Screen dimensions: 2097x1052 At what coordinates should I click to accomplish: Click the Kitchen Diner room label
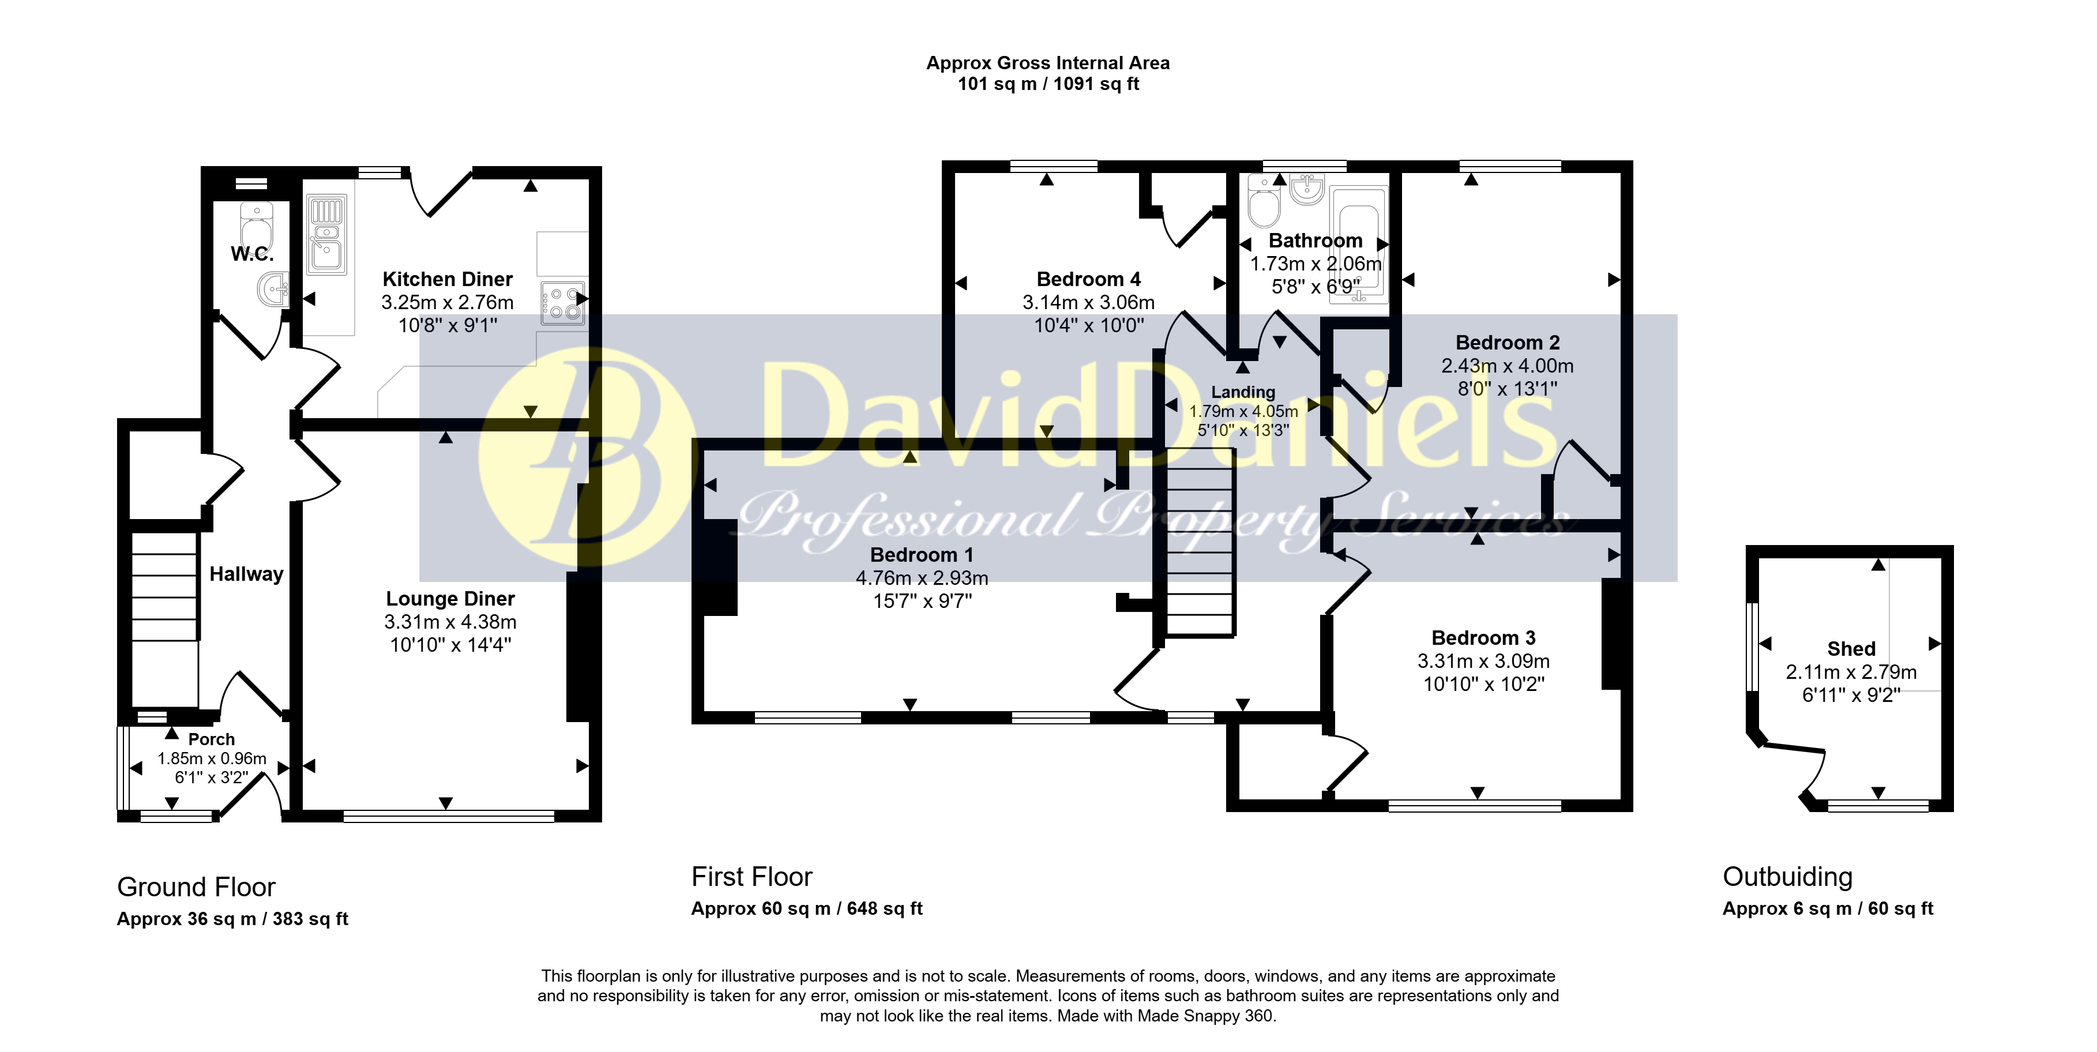click(448, 279)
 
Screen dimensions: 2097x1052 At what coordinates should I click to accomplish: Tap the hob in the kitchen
click(562, 303)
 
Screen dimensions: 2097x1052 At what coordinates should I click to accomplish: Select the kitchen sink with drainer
click(326, 235)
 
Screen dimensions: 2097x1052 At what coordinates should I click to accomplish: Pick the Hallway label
click(247, 574)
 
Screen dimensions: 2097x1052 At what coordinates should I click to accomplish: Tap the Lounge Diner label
click(450, 599)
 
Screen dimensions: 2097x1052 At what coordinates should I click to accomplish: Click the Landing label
click(1243, 392)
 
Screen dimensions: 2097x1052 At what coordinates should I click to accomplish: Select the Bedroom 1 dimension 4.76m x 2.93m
click(922, 578)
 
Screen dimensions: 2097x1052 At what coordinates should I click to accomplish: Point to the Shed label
click(1851, 649)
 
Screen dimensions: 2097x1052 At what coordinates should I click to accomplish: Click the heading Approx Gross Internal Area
click(1048, 63)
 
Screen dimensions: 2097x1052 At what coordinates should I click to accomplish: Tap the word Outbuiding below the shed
click(1788, 877)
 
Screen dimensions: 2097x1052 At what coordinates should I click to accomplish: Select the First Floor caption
click(751, 877)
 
